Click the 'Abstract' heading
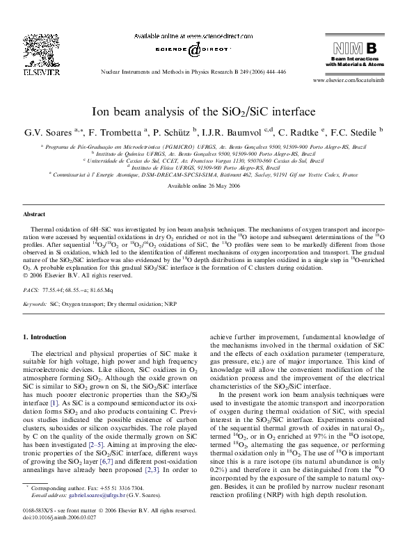tap(34, 215)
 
